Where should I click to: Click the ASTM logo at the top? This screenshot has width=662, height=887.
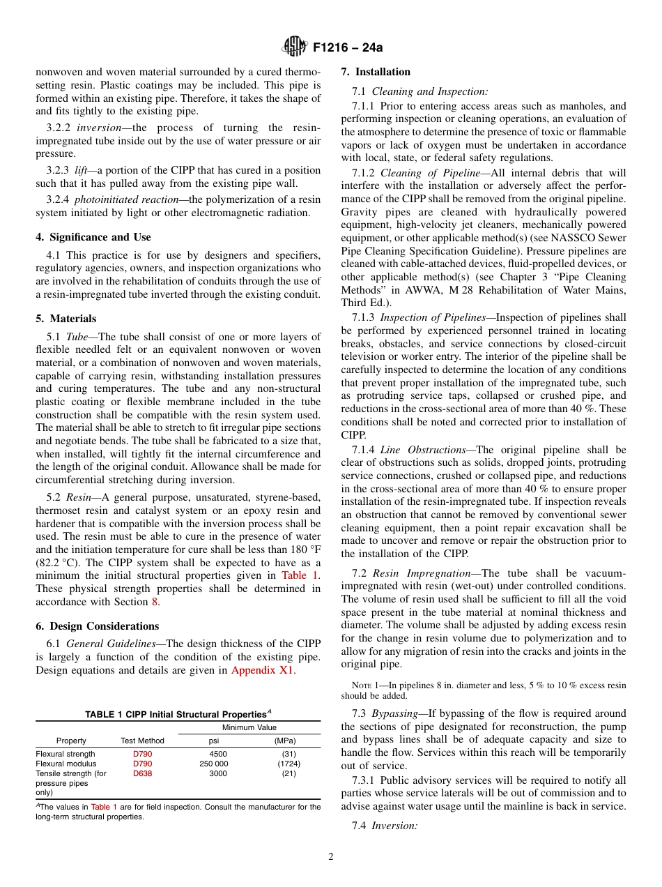tap(295, 47)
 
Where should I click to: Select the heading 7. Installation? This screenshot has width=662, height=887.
tap(376, 72)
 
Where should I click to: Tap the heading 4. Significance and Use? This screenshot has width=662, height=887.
tap(93, 237)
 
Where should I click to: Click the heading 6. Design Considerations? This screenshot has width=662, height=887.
tap(98, 626)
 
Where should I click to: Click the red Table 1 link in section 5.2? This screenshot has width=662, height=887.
tap(300, 576)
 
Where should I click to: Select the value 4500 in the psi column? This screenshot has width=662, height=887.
tap(217, 754)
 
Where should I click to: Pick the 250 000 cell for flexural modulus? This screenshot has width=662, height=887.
tap(213, 764)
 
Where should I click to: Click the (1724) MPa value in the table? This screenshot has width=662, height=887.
tap(284, 764)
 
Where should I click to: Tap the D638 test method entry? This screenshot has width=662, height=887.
tap(142, 773)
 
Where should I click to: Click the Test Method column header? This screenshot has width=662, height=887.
tap(142, 741)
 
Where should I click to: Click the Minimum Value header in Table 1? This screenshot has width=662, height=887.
tap(249, 727)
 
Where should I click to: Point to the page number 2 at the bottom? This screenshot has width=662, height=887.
tap(331, 857)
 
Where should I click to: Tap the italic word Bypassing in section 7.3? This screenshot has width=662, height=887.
tap(394, 713)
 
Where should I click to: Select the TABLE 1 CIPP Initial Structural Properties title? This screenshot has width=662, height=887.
tap(177, 715)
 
